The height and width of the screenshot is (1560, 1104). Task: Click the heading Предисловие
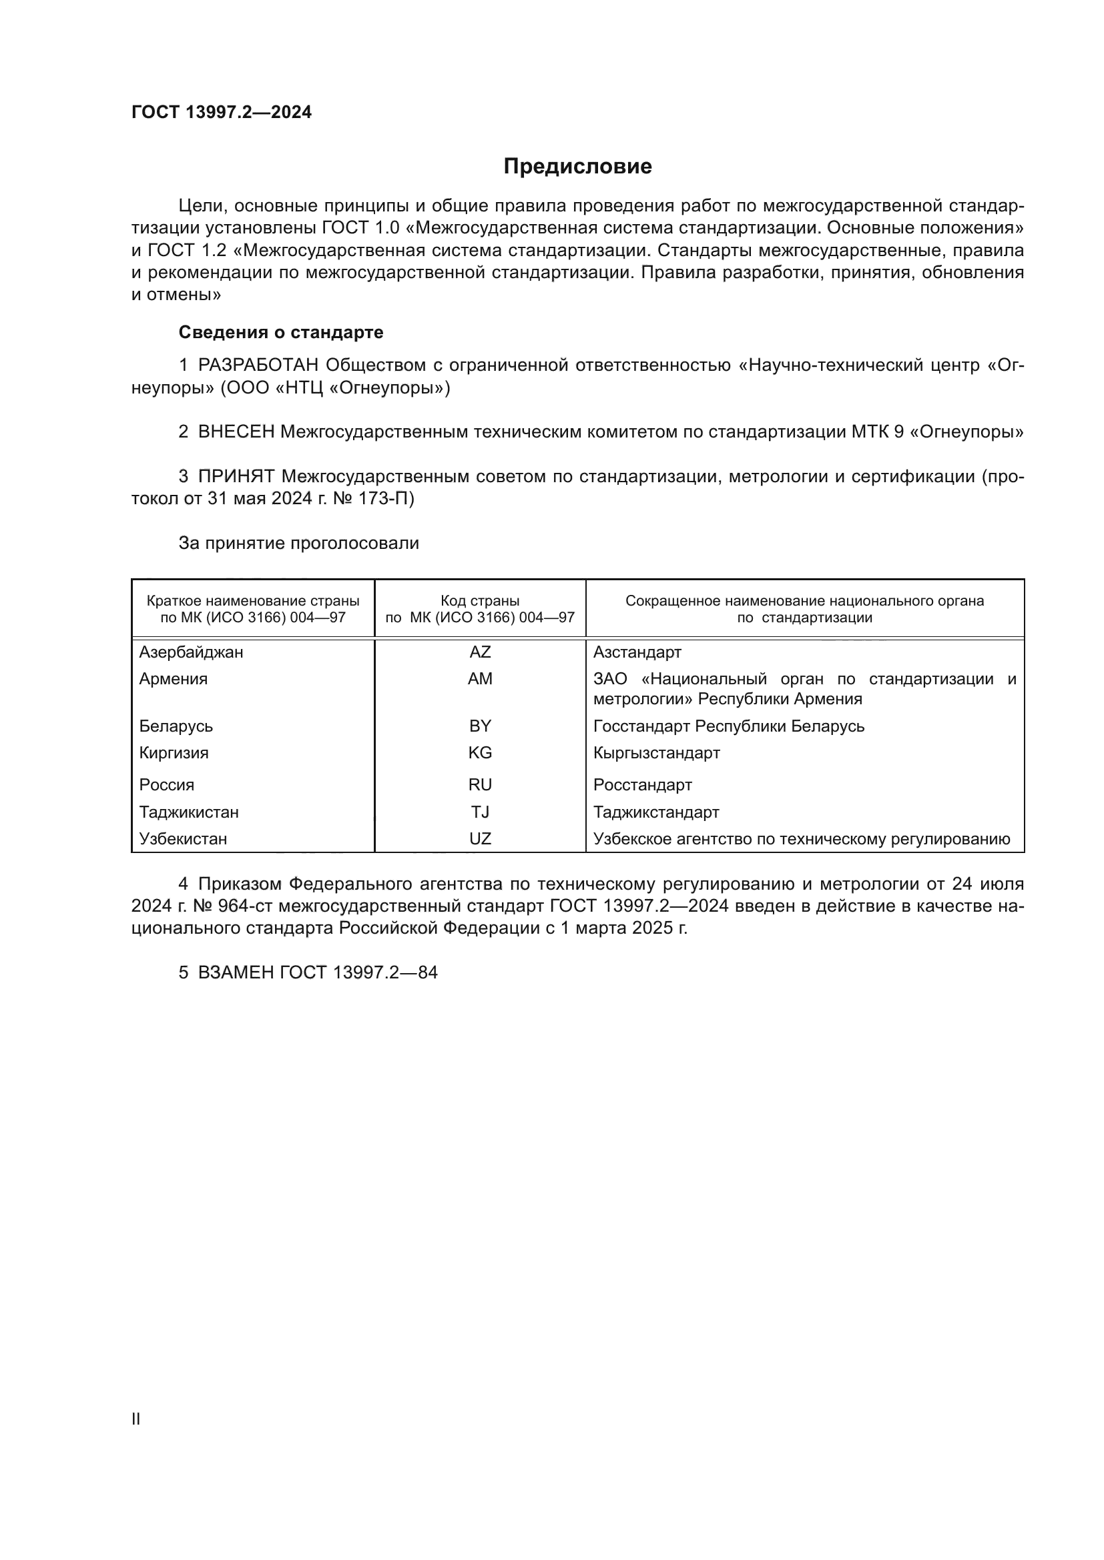(x=577, y=167)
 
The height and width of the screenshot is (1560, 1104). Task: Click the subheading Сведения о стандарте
(x=281, y=332)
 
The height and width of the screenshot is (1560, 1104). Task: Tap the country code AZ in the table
(x=480, y=652)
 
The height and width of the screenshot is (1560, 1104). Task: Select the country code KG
(x=480, y=753)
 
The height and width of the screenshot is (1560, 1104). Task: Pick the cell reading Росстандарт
(x=642, y=785)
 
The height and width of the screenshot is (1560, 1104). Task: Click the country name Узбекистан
(x=183, y=838)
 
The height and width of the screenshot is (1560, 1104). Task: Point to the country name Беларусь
(x=176, y=726)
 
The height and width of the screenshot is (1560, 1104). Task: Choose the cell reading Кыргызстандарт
(x=657, y=753)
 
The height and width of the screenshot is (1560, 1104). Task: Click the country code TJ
(x=480, y=812)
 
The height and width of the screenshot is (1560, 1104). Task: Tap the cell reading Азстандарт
(x=637, y=652)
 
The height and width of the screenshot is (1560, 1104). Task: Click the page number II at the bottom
(x=136, y=1419)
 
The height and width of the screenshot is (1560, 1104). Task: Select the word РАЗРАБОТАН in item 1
(x=258, y=365)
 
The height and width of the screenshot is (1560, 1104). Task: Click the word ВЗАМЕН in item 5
(x=236, y=972)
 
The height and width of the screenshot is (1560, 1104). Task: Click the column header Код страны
(x=480, y=601)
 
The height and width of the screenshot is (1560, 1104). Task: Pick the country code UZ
(x=480, y=838)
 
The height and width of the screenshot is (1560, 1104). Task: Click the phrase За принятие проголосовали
(x=298, y=543)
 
